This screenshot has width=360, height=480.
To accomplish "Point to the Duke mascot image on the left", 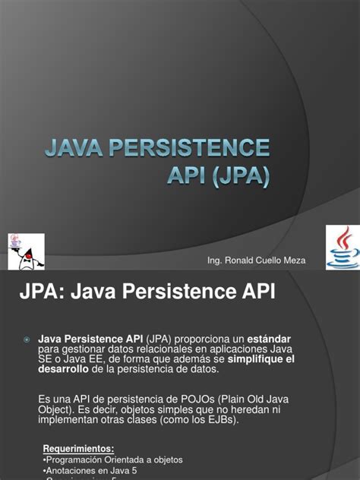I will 24,251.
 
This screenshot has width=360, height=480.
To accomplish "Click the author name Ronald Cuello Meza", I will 268,261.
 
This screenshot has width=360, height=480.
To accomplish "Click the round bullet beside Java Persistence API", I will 26,338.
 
